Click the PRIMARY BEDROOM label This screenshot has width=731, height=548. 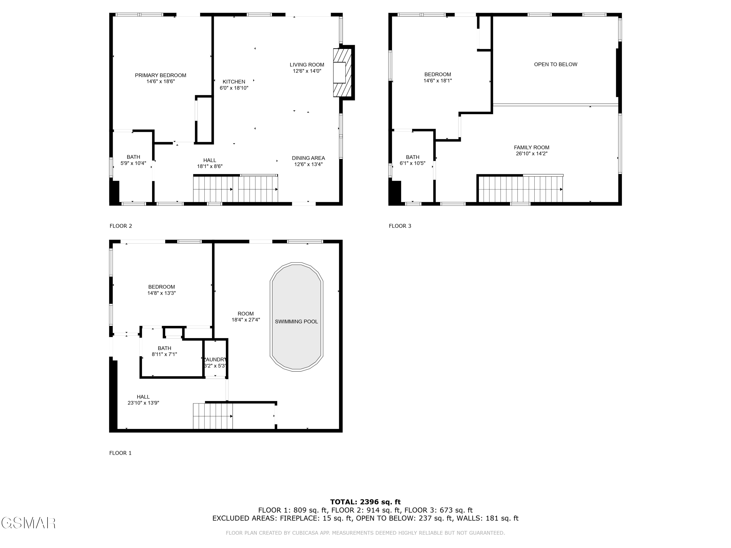(x=160, y=75)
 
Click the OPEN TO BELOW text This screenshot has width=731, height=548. (x=556, y=64)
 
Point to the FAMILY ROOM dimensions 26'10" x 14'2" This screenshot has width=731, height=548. (x=531, y=154)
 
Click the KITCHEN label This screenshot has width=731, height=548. (x=234, y=82)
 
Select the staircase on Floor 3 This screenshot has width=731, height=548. (x=520, y=189)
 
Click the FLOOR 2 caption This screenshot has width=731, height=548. (x=121, y=226)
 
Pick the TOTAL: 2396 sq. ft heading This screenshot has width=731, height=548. (x=365, y=502)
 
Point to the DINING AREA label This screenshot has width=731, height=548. (x=308, y=158)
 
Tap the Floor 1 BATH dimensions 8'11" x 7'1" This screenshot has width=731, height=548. (x=164, y=354)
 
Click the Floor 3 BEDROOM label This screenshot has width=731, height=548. (x=438, y=74)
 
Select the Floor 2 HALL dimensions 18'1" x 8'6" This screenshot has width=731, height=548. (x=210, y=167)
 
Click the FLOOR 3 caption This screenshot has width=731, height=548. (x=400, y=226)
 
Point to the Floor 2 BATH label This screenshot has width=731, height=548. (x=133, y=157)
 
